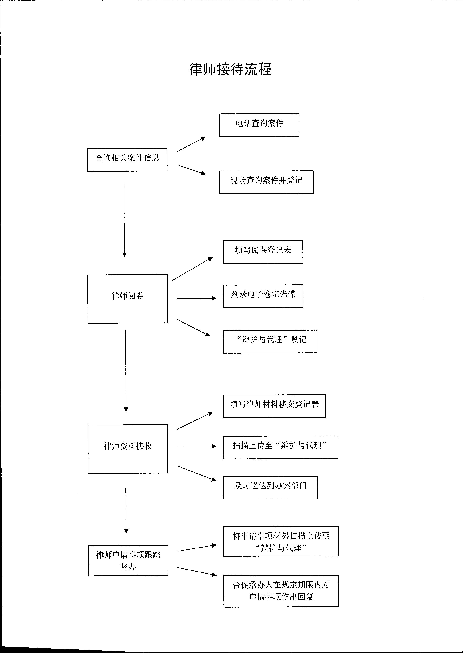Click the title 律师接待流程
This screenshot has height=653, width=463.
[x=230, y=69]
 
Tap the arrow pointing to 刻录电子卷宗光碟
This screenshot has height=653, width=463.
[x=196, y=298]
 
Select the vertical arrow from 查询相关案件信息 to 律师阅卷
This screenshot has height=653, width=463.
[x=125, y=220]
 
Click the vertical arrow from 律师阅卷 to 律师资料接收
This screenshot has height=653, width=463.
[x=126, y=371]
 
